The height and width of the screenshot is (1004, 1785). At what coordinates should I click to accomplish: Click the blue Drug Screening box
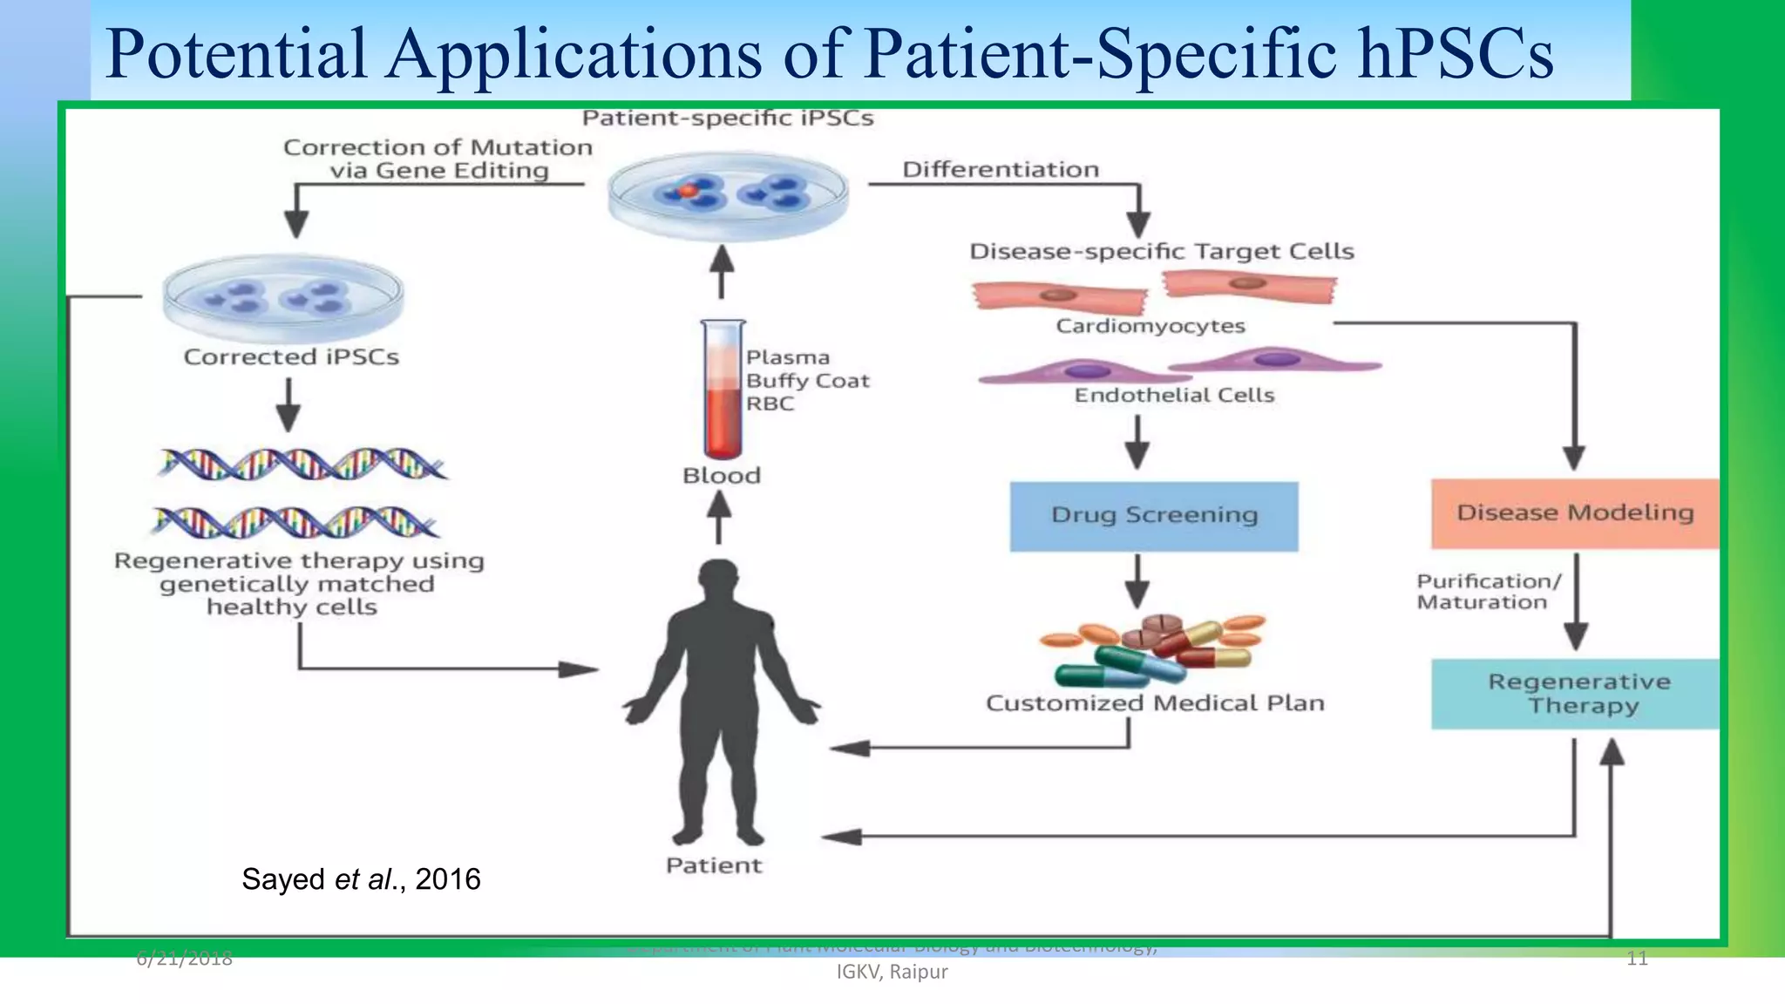[x=1153, y=516]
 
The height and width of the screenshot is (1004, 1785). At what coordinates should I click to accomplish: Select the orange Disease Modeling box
[x=1574, y=513]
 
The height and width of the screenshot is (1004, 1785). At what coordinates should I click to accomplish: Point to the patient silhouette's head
[x=719, y=582]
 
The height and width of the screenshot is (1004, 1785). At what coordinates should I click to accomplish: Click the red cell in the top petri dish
[x=688, y=190]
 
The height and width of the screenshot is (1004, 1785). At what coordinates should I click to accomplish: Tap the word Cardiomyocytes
[x=1150, y=326]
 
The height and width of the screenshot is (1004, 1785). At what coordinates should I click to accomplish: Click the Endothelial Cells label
[x=1174, y=396]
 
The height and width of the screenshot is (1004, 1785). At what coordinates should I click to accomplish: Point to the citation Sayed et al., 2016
[x=361, y=878]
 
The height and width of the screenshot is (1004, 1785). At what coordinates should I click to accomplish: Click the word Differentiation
[x=1000, y=169]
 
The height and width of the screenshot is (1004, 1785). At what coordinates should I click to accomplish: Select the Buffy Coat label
[x=807, y=381]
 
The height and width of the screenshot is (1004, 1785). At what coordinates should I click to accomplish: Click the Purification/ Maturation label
[x=1487, y=592]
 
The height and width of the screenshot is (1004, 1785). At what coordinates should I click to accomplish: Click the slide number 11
[x=1637, y=959]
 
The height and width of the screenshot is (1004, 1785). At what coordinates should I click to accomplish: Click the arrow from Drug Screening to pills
[x=1137, y=581]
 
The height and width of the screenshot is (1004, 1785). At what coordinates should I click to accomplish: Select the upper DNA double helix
[x=302, y=464]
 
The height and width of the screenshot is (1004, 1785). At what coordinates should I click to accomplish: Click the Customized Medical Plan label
[x=1155, y=703]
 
